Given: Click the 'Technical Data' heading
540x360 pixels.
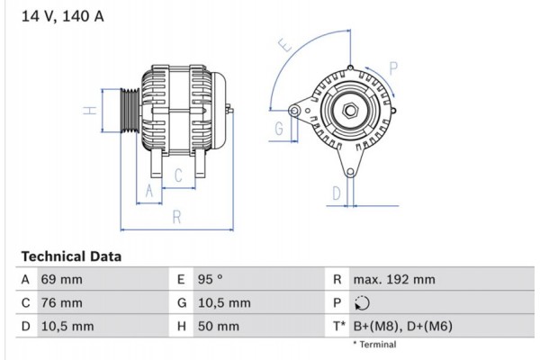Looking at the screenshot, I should (x=71, y=256).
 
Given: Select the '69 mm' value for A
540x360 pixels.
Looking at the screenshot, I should (x=61, y=280).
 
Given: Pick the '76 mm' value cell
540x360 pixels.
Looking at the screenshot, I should (x=61, y=303).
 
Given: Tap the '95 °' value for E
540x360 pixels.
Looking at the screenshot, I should (x=210, y=280).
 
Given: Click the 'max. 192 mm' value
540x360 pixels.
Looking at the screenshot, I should (x=393, y=280).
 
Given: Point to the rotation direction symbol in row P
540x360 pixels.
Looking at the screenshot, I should (x=363, y=303).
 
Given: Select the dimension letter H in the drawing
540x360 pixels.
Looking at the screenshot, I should (x=89, y=111).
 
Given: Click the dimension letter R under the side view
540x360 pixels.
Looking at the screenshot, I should (x=176, y=216).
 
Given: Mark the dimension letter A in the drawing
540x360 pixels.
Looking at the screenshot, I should (x=150, y=191).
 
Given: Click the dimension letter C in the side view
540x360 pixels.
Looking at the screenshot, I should (x=178, y=174).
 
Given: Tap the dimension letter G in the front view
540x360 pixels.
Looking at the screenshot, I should (x=279, y=129).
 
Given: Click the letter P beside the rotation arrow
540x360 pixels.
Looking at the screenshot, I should (x=392, y=66).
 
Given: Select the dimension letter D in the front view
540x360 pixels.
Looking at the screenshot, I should (x=336, y=192).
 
